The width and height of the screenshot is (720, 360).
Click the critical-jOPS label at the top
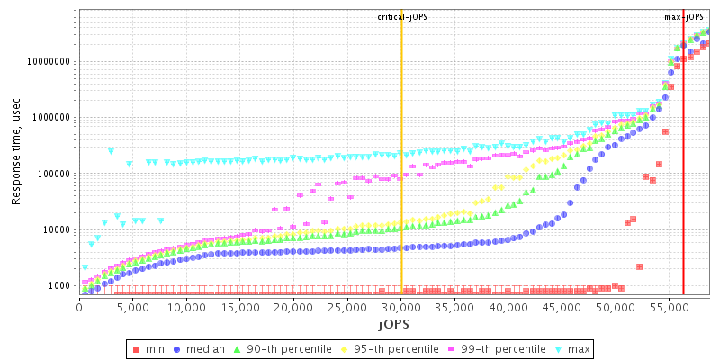pos(402,17)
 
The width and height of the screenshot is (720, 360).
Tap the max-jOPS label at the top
pos(684,17)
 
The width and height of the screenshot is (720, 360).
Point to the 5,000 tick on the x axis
pos(132,307)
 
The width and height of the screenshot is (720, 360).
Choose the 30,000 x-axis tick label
pos(401,307)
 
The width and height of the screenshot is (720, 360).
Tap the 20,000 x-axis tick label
pos(293,307)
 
